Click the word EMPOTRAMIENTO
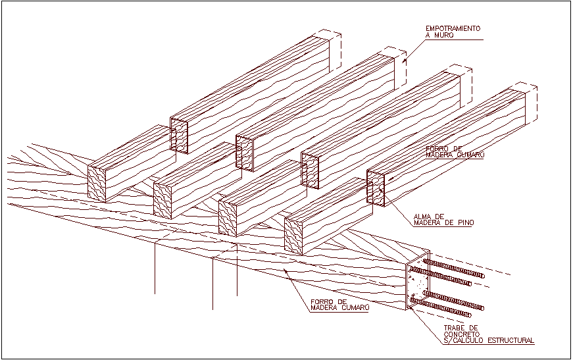tap(453, 28)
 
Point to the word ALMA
tap(422, 216)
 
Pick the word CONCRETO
tap(461, 334)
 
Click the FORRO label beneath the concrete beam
tap(322, 301)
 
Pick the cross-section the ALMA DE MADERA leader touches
tap(376, 189)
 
